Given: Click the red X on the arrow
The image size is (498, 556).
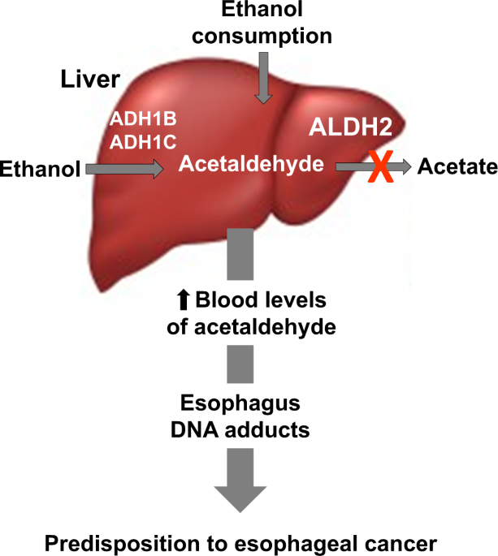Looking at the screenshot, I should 377,166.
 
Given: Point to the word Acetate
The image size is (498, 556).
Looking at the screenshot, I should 457,167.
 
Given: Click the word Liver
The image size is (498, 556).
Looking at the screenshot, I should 91,79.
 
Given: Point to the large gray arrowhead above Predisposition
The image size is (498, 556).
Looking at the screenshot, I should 240,490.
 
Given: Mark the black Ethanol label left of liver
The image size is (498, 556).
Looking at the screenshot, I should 41,168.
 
